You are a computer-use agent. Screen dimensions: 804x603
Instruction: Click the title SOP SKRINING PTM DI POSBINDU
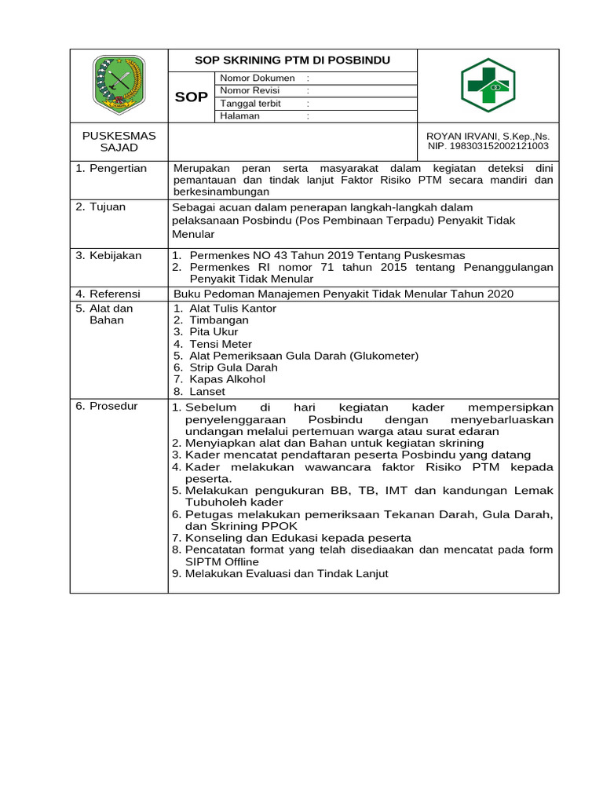click(292, 60)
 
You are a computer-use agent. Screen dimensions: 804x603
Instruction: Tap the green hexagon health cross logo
click(488, 85)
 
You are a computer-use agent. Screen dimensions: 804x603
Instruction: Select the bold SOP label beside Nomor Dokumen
click(191, 97)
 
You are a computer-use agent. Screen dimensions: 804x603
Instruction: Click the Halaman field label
click(240, 116)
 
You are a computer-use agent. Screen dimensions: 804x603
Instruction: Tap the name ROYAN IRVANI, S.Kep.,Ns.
click(488, 136)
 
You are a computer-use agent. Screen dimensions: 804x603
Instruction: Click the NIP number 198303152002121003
click(488, 146)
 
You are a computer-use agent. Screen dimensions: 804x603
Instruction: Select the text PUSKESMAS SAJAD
click(119, 141)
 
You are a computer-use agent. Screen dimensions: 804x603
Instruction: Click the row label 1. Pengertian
click(111, 169)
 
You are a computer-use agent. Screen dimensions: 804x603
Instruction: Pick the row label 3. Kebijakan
click(108, 255)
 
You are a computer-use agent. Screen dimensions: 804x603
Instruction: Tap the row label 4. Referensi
click(108, 294)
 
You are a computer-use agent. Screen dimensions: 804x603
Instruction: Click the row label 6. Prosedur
click(107, 406)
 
